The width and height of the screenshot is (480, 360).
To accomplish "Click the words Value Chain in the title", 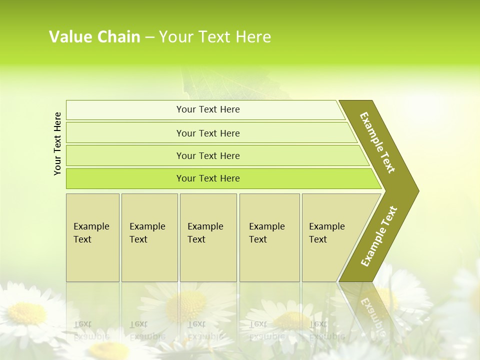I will point(94,37).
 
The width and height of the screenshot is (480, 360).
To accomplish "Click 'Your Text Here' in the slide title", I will point(215,37).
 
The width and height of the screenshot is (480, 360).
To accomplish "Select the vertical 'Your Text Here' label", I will point(57,143).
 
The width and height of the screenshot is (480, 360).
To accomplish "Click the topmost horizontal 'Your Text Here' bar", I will point(208,109).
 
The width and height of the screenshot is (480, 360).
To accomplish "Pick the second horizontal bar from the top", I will point(208,133).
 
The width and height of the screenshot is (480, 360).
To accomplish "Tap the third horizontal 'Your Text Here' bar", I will point(208,155).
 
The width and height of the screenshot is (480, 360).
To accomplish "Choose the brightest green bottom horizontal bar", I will point(208,178).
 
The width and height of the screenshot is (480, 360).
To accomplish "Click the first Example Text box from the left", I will point(92,237).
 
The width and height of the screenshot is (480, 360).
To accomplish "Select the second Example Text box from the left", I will point(149,237).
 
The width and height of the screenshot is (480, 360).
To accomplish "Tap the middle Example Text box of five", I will point(208,237).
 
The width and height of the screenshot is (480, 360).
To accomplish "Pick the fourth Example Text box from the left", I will point(269,237).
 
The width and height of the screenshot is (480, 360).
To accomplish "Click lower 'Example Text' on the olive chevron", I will point(378,236).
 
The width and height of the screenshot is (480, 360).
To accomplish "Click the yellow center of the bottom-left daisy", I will point(27,313).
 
